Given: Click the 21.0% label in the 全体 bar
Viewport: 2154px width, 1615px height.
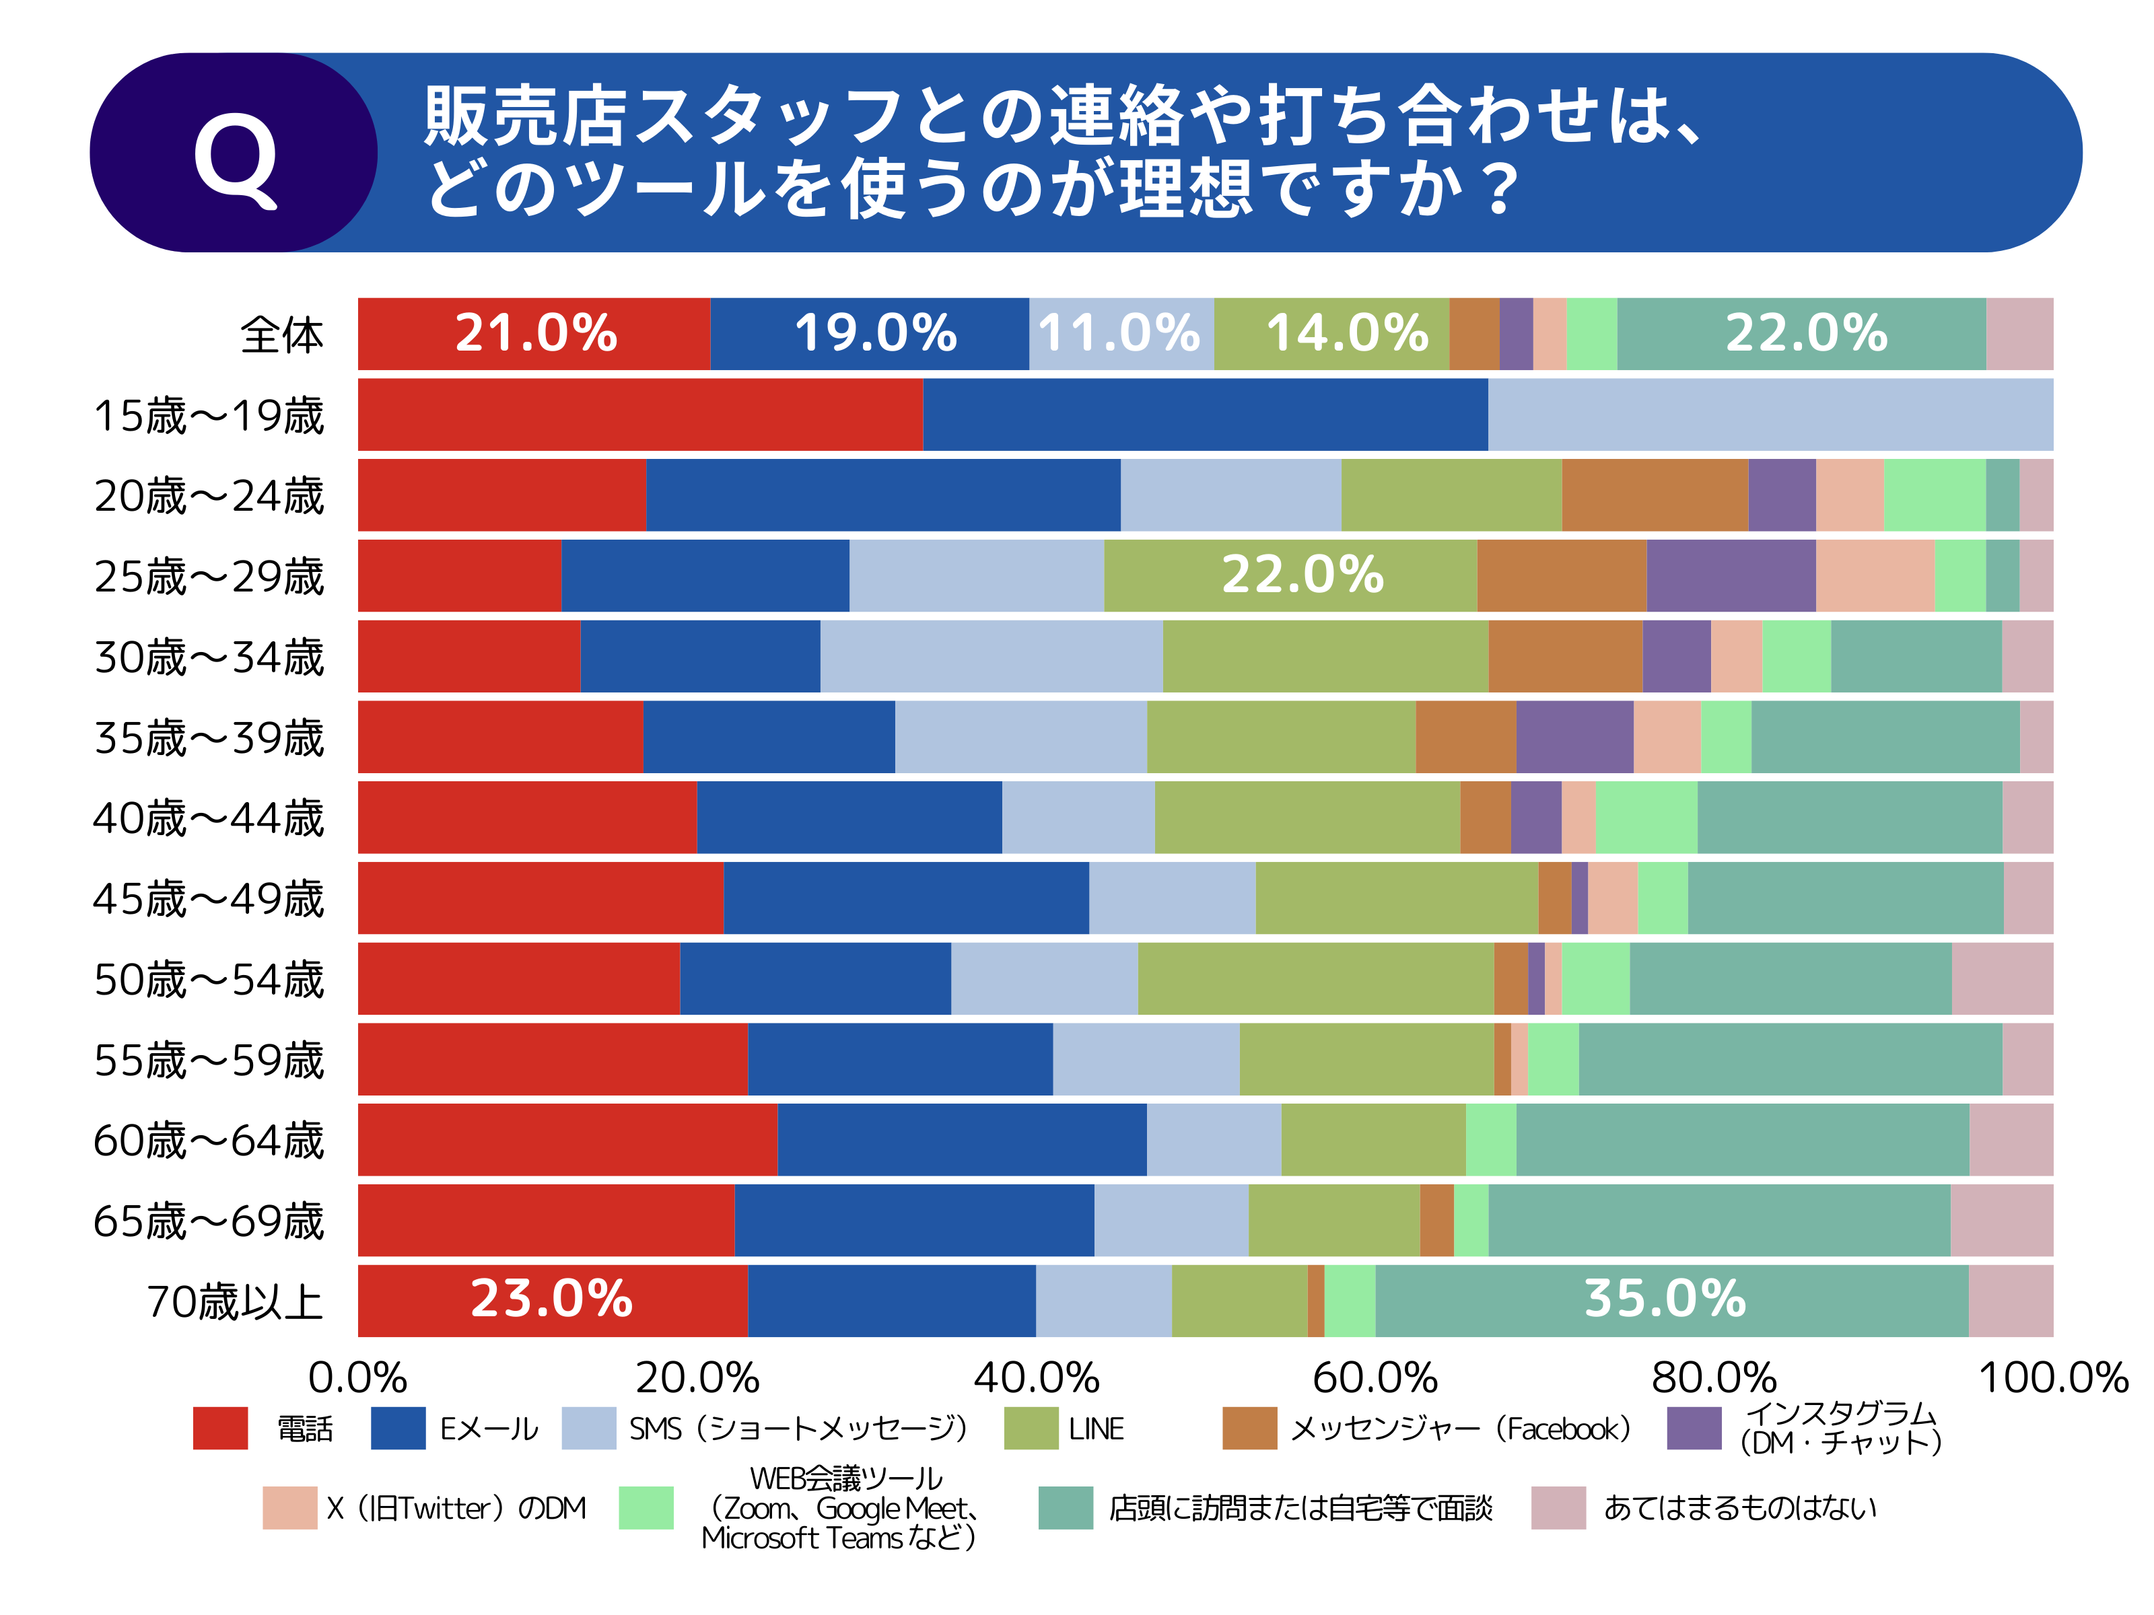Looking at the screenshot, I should (x=536, y=333).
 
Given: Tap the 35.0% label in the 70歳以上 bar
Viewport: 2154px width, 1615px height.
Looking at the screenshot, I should (x=1665, y=1299).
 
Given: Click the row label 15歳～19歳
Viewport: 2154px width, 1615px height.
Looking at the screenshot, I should (x=209, y=416).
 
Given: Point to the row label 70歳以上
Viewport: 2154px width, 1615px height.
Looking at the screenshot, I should (x=235, y=1301).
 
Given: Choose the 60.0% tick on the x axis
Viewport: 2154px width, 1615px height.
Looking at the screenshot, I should (x=1375, y=1377).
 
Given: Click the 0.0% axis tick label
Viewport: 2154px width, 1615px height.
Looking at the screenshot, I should (x=357, y=1377).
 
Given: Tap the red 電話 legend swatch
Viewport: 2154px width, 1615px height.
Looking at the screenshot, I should (x=220, y=1428).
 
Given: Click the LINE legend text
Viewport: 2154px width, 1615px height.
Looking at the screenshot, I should (x=1097, y=1428).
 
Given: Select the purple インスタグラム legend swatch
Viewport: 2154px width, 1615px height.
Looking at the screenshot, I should (x=1694, y=1428).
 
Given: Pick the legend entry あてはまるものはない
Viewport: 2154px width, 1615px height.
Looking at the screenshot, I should (x=1739, y=1508).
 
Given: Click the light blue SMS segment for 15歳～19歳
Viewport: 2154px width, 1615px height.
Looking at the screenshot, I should (x=1770, y=415).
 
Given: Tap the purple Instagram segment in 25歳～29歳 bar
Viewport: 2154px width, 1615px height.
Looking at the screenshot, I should (x=1731, y=575).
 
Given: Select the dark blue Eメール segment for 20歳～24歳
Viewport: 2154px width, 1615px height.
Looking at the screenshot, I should (x=882, y=495).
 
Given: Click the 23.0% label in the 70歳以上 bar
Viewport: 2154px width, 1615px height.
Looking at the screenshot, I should (x=551, y=1299).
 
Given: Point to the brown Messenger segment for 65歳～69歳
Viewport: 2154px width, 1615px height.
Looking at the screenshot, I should (x=1436, y=1220).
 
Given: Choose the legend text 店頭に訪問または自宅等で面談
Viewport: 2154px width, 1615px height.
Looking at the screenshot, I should (x=1300, y=1508).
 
